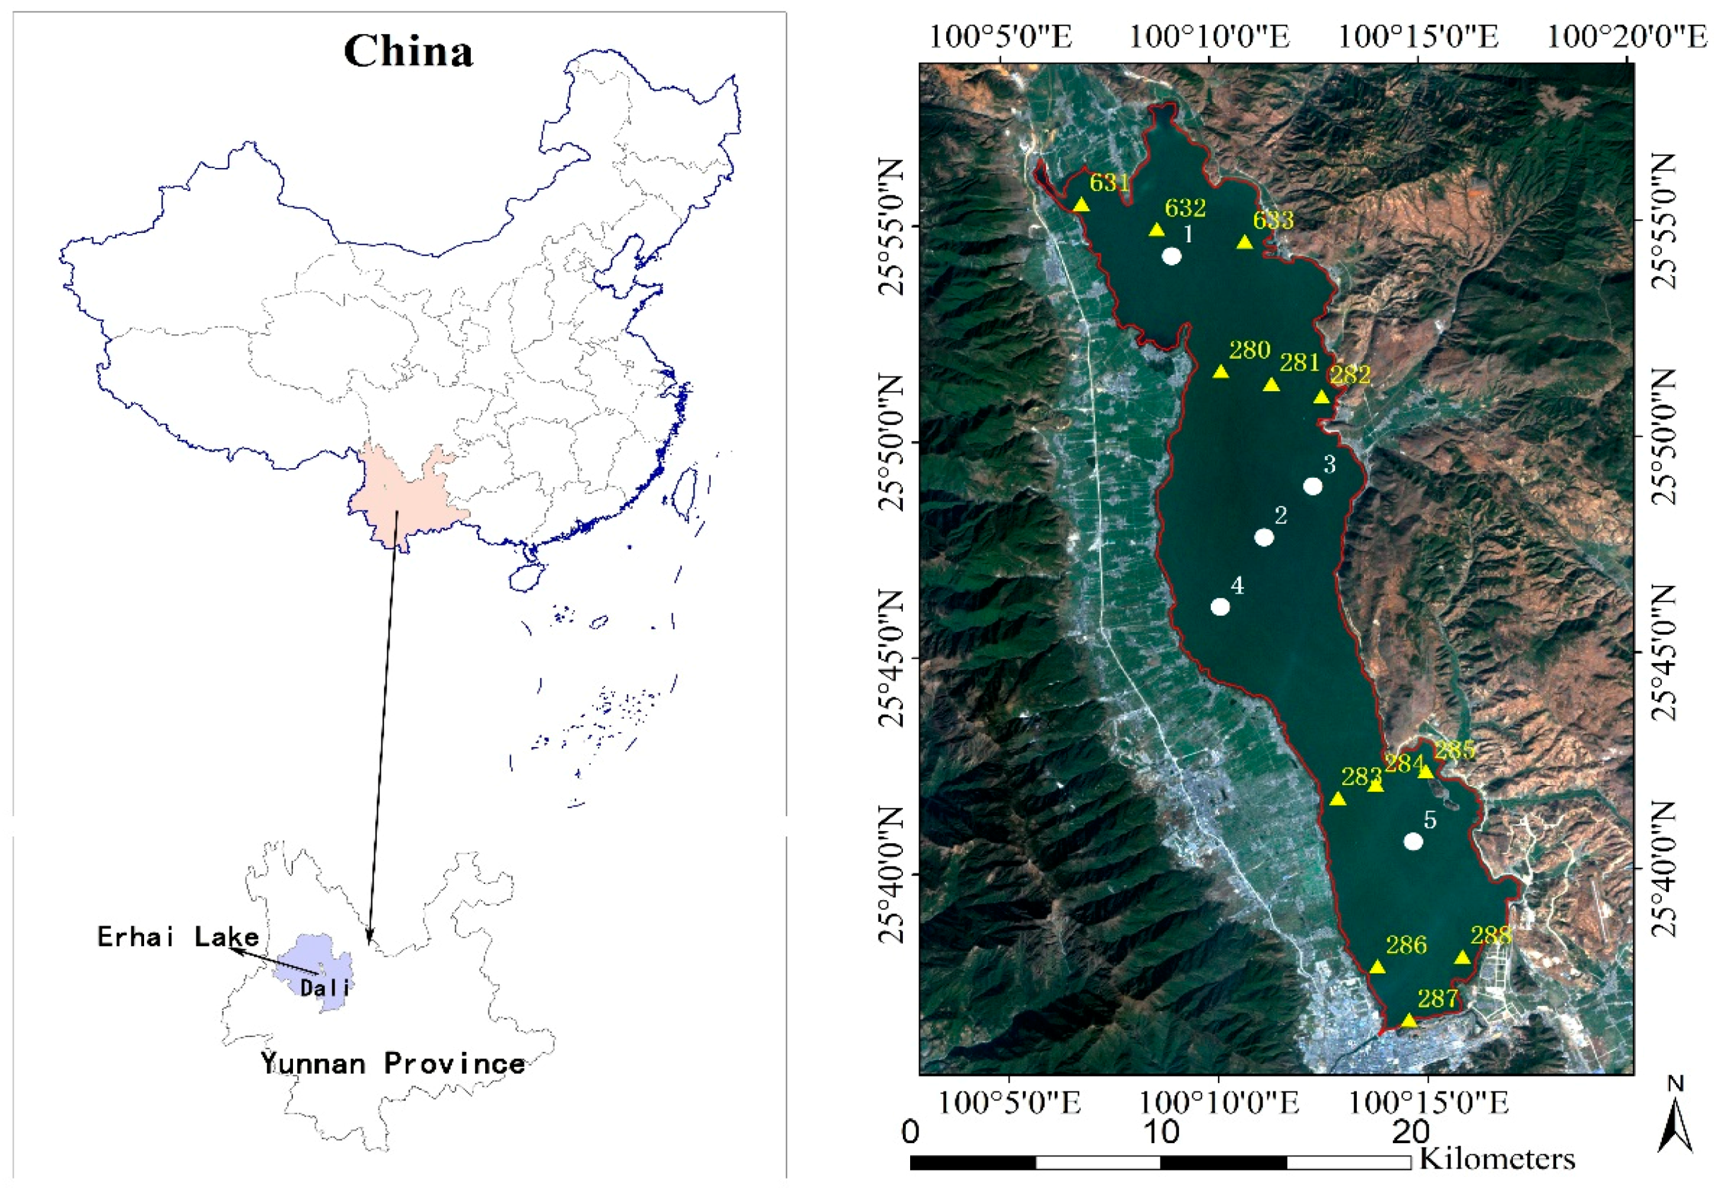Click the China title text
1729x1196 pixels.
(x=408, y=52)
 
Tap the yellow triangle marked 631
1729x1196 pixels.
(x=1081, y=205)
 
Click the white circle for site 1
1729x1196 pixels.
(x=1171, y=256)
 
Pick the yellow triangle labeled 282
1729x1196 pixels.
(x=1321, y=397)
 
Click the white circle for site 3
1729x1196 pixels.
(x=1312, y=486)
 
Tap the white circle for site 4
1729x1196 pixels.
(x=1220, y=607)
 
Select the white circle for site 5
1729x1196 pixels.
(x=1413, y=841)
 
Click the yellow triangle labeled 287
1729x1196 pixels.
(x=1409, y=1021)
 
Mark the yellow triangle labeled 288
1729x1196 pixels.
(x=1462, y=958)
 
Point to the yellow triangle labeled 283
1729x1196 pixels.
(x=1338, y=799)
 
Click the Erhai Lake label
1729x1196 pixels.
(x=178, y=937)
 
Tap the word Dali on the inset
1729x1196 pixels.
(x=325, y=988)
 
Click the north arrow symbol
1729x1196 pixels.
(x=1675, y=1129)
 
